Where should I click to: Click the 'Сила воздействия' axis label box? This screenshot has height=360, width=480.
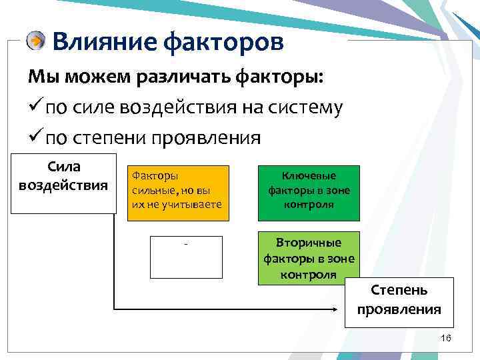click(x=64, y=184)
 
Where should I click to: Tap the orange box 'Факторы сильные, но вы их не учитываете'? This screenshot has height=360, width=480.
click(x=179, y=193)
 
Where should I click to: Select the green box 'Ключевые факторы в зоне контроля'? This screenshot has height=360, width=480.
click(x=309, y=193)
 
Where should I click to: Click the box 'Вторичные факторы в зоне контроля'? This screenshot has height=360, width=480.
click(x=309, y=258)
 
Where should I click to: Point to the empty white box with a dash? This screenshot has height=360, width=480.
click(x=186, y=256)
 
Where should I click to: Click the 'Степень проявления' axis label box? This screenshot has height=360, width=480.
click(x=399, y=301)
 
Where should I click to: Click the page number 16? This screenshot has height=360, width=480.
click(x=446, y=339)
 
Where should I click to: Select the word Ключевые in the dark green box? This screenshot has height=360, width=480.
click(x=309, y=177)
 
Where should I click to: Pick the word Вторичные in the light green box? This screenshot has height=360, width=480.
click(x=309, y=242)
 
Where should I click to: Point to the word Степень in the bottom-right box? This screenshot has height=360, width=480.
click(x=399, y=291)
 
